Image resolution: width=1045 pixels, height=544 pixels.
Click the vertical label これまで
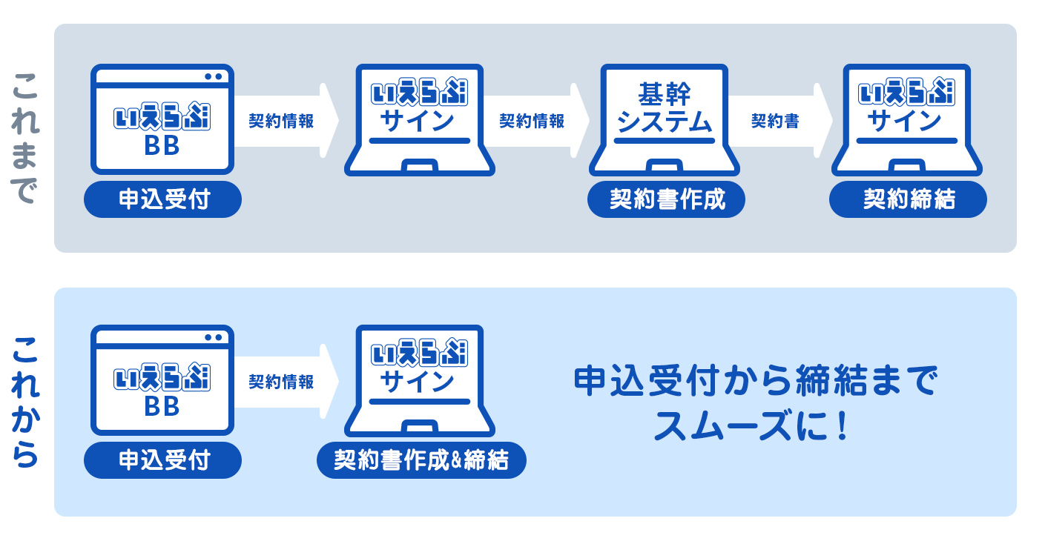point(26,138)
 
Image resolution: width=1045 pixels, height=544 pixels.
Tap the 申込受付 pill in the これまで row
point(163,199)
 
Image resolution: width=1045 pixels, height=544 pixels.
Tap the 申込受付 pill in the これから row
point(163,460)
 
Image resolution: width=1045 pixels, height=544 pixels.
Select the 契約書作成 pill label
point(666,199)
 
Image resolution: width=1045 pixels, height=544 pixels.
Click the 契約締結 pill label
point(908,199)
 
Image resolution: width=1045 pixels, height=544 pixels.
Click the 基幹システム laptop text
point(664,110)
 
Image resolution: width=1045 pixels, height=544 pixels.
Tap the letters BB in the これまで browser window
point(162,147)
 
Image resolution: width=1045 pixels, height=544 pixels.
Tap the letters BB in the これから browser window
point(162,408)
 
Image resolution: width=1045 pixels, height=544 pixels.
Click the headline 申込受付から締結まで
point(755,382)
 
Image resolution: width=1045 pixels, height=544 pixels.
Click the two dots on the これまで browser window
point(214,76)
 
